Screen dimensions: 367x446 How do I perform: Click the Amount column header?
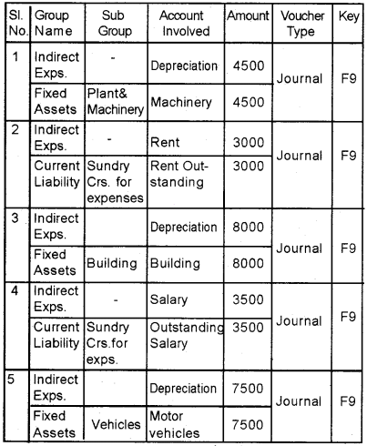click(x=250, y=16)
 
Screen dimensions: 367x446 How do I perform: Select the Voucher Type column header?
click(x=301, y=24)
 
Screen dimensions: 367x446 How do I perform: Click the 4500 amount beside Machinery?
click(x=250, y=100)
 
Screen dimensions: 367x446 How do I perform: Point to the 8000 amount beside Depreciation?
click(x=250, y=227)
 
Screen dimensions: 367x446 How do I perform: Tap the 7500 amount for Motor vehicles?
click(x=250, y=423)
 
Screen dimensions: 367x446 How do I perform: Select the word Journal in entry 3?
click(x=301, y=247)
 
